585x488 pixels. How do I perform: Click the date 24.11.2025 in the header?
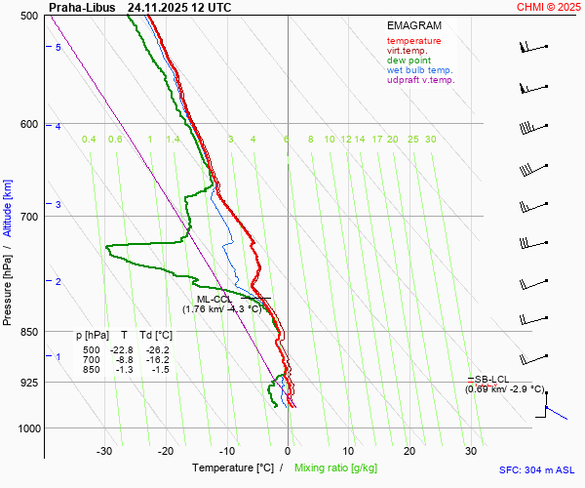154,7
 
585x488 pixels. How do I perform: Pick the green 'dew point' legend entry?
409,61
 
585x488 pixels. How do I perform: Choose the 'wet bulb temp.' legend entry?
419,70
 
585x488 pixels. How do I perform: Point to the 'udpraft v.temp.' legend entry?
420,80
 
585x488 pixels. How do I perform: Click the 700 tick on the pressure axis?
28,216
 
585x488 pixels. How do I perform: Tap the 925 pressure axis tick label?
28,383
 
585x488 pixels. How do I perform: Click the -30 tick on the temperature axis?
104,451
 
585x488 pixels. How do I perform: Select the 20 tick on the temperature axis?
409,451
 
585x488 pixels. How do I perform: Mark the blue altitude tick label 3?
58,204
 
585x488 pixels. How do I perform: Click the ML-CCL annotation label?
214,300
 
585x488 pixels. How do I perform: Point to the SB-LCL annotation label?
493,379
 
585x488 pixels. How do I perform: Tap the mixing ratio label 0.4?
89,140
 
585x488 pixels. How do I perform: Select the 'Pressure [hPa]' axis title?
8,284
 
